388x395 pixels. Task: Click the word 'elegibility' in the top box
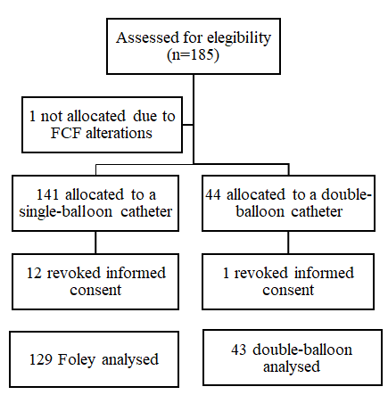tap(239, 38)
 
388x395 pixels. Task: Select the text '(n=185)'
tap(194, 55)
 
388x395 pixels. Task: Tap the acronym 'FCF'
tap(66, 133)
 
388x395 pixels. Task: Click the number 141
tap(47, 195)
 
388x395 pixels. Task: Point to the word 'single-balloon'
tap(66, 212)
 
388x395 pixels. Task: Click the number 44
tap(213, 195)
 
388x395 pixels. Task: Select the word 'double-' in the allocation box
tap(346, 195)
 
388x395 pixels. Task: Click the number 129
tap(40, 359)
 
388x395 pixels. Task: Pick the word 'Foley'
tap(77, 360)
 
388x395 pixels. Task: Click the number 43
tap(239, 350)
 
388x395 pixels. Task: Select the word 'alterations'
tap(119, 133)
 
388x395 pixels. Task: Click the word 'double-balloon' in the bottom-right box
tap(302, 350)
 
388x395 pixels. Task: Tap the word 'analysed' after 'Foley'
tap(130, 360)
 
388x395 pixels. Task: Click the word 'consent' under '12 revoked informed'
tap(95, 290)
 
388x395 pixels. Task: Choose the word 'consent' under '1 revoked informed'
tap(288, 290)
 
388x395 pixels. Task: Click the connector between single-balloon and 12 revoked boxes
tap(95, 243)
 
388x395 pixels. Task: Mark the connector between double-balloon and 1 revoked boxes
tap(288, 243)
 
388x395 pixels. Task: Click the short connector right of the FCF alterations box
tap(187, 125)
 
